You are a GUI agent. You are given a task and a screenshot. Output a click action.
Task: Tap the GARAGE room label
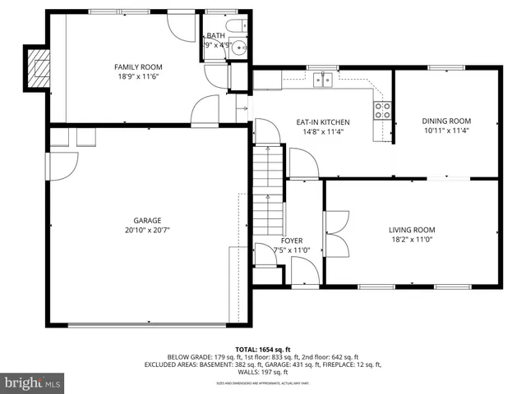[x=147, y=220]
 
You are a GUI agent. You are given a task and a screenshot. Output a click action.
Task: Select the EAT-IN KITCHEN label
[x=323, y=121]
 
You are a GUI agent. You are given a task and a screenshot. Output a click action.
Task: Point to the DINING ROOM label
[x=447, y=121]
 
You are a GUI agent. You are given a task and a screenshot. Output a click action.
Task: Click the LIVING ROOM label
[x=412, y=230]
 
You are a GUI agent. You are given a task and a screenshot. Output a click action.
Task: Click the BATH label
[x=216, y=36]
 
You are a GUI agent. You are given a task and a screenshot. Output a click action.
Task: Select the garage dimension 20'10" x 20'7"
[x=147, y=231]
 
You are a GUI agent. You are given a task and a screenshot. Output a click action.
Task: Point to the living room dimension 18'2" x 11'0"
[x=412, y=241]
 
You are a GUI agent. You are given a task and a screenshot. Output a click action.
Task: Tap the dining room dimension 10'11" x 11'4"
[x=447, y=131]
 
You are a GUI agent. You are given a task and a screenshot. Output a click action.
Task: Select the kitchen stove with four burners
[x=383, y=110]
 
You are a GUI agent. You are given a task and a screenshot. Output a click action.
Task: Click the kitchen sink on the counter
[x=321, y=80]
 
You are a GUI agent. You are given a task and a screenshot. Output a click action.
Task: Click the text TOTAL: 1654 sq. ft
[x=262, y=349]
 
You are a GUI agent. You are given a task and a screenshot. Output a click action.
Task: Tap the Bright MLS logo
[x=33, y=383]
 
